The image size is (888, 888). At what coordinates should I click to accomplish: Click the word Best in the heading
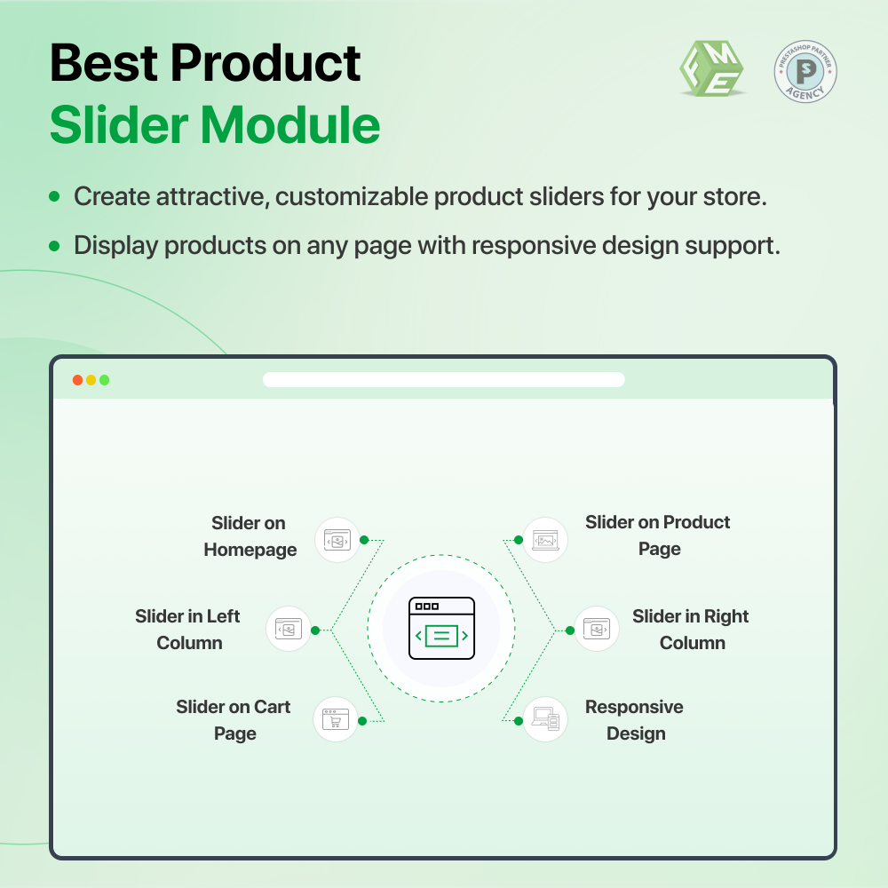click(103, 64)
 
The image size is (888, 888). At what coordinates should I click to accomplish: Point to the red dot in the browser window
click(78, 380)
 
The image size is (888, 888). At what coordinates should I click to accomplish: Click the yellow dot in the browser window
click(91, 380)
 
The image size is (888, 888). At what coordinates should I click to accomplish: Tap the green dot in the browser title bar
click(104, 380)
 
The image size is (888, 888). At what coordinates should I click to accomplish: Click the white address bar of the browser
click(444, 380)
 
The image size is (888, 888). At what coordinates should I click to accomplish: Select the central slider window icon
click(441, 629)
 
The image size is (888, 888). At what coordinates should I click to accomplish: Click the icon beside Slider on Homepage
click(337, 539)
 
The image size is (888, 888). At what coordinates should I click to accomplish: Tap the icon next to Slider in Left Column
click(289, 629)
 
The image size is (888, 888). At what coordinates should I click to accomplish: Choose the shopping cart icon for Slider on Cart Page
click(335, 718)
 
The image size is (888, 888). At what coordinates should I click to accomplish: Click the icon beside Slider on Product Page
click(545, 539)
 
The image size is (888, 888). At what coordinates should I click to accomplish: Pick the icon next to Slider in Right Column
click(596, 629)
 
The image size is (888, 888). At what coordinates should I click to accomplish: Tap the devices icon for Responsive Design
click(545, 718)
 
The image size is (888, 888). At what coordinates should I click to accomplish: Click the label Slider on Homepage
click(250, 536)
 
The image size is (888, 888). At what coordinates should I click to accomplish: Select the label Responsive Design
click(634, 720)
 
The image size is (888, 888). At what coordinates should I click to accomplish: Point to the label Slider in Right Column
click(691, 630)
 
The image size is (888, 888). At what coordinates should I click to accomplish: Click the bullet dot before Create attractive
click(55, 196)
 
